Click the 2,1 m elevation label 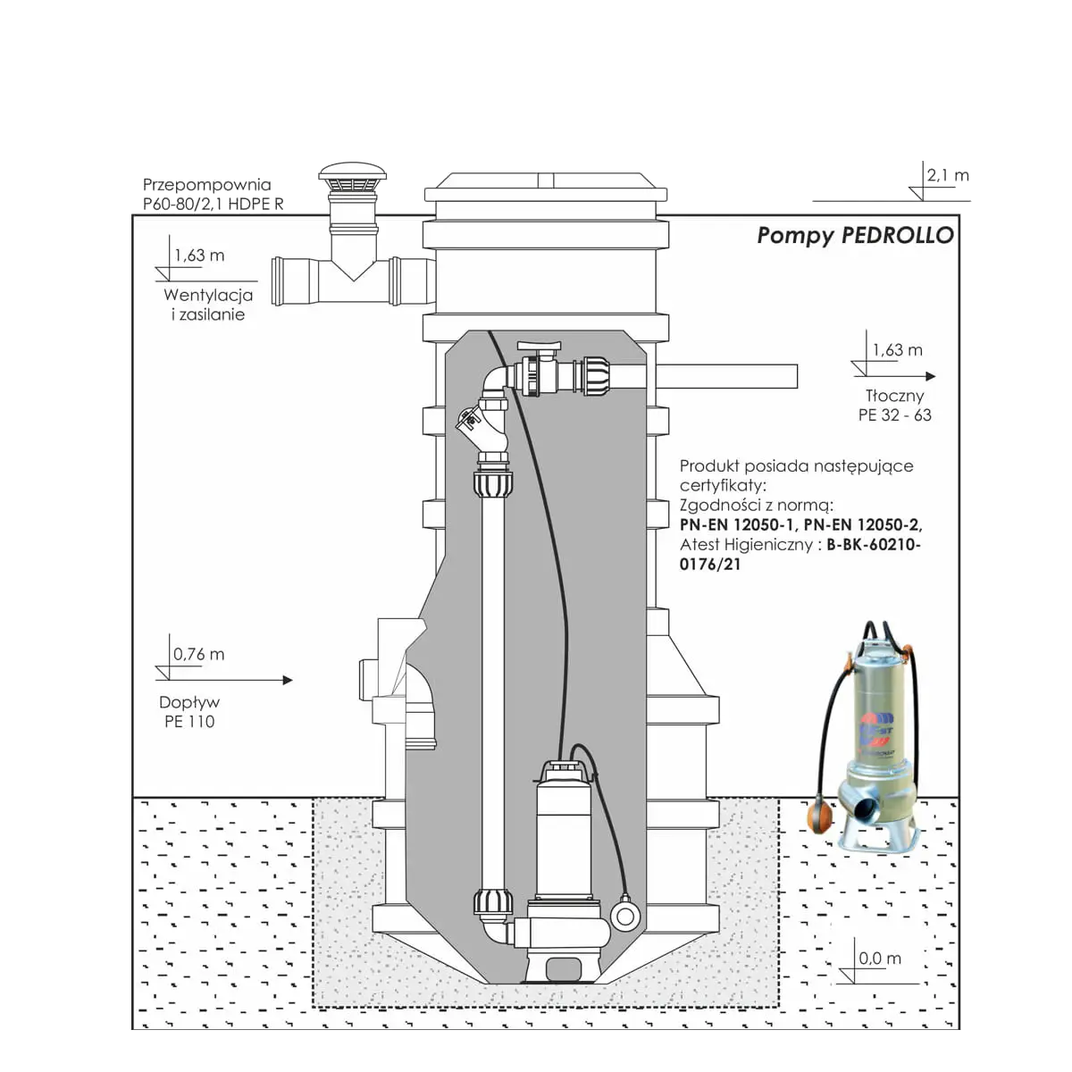(948, 175)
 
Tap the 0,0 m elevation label (880, 958)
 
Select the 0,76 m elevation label (198, 654)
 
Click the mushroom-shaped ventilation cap (352, 177)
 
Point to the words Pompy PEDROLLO (855, 235)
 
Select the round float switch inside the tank (624, 916)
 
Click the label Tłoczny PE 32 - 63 (894, 405)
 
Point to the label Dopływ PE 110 (189, 711)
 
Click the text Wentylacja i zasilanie (208, 305)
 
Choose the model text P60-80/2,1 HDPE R (214, 204)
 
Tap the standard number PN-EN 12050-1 (738, 524)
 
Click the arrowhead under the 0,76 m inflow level (288, 680)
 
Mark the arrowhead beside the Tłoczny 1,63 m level (931, 376)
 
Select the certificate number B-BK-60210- (874, 544)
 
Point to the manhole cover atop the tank (546, 187)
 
